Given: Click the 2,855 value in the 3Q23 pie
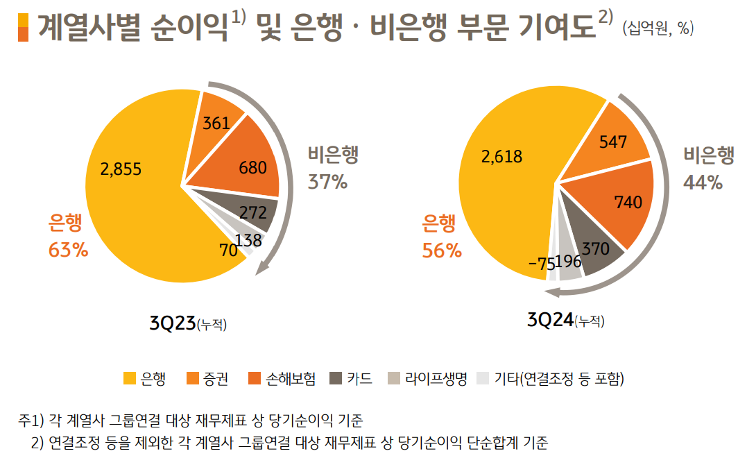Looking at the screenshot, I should pos(121,169).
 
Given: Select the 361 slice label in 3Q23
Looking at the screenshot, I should pos(216,124).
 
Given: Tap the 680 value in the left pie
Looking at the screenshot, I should pos(252,168).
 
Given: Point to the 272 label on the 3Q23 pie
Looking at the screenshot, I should pos(253,212).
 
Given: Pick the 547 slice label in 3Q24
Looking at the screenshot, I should pos(612,142).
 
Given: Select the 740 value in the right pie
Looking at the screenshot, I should pos(628,202).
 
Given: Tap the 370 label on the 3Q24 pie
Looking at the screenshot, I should pos(595,248).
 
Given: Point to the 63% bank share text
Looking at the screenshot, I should pos(68,250).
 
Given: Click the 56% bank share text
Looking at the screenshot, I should pos(442,251).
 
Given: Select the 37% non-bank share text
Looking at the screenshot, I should pos(327,182).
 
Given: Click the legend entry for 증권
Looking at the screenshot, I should pos(207,378).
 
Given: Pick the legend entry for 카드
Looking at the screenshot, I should pos(351,378).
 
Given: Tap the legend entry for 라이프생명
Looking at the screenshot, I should pos(428,378).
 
